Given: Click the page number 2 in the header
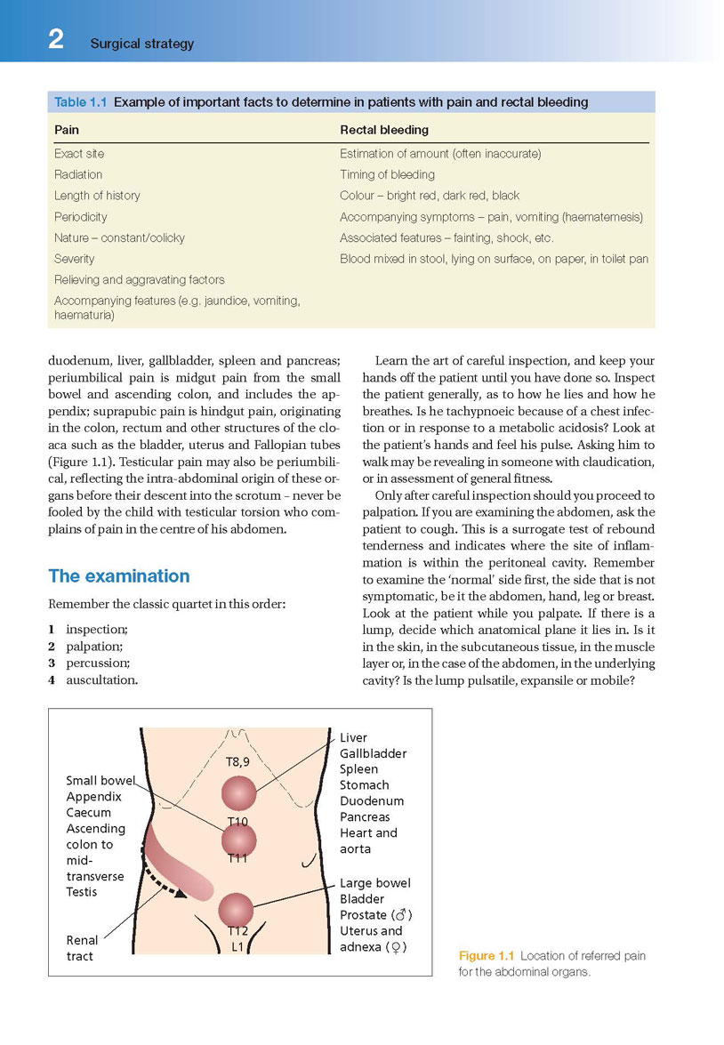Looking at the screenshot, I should click(x=56, y=40).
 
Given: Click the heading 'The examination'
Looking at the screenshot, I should click(x=119, y=575).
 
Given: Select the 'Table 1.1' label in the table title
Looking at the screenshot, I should click(x=81, y=102).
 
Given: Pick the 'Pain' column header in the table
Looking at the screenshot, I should click(x=67, y=131).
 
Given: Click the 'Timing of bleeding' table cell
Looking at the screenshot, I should click(x=387, y=174).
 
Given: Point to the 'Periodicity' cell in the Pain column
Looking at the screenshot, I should click(x=81, y=217).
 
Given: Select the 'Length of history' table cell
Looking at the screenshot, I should click(x=97, y=196).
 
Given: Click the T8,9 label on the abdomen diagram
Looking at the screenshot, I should click(x=237, y=761).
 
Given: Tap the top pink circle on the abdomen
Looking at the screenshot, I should click(x=238, y=792).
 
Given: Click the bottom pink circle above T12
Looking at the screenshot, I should click(x=236, y=909).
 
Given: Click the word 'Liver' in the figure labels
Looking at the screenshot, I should click(x=353, y=737).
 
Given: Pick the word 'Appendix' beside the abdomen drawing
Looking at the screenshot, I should click(x=93, y=797).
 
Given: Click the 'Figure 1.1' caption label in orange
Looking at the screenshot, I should click(x=487, y=956).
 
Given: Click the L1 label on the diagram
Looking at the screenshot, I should click(x=237, y=947).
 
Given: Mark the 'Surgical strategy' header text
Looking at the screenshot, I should click(x=142, y=44).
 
